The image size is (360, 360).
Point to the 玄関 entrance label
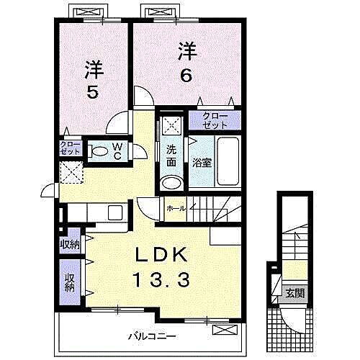point(294,293)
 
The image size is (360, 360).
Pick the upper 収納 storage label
point(70,245)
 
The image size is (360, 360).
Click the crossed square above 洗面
point(171,125)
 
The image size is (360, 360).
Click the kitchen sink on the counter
point(115,212)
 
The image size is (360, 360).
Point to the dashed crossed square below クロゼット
point(71,171)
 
